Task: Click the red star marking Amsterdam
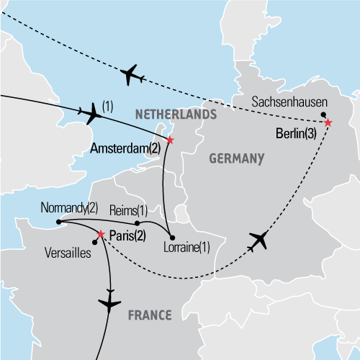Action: click(170, 140)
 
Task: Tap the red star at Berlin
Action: click(328, 123)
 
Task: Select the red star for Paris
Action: click(101, 234)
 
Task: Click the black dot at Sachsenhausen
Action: click(323, 114)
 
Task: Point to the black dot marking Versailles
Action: click(94, 241)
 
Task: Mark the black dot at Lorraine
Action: click(171, 238)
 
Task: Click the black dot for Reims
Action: click(138, 222)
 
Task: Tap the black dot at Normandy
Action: click(57, 222)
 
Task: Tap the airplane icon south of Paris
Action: click(110, 302)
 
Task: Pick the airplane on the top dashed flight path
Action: click(130, 73)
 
